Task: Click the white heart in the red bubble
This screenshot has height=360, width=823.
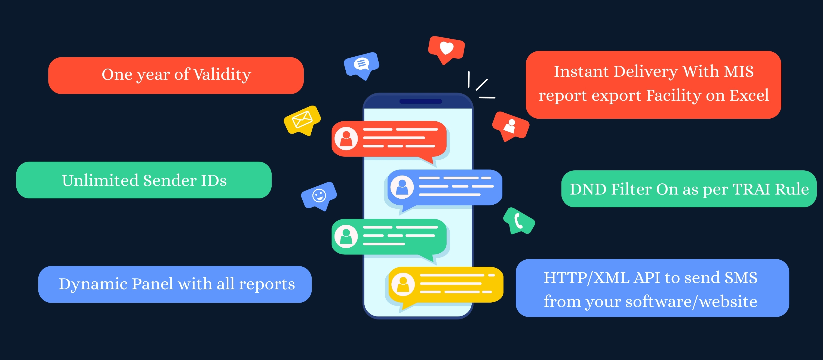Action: tap(446, 48)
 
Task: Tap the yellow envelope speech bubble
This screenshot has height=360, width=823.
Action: tap(302, 120)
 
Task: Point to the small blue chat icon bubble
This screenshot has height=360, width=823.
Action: tap(361, 64)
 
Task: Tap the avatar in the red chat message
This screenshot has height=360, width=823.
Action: tap(346, 139)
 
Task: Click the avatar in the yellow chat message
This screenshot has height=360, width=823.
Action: tap(403, 284)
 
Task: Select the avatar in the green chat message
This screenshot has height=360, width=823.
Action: tap(346, 236)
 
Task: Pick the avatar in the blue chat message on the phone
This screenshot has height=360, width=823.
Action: tap(402, 187)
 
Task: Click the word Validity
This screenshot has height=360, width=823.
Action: tap(222, 75)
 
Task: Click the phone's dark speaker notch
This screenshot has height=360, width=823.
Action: tap(420, 101)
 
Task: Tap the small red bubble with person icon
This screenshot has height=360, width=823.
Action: tap(510, 126)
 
